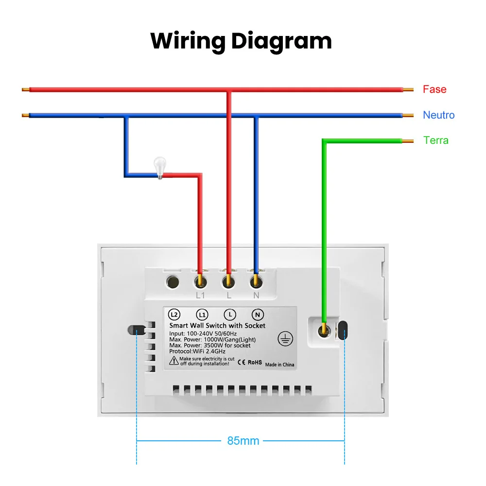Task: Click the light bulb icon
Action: click(x=160, y=168)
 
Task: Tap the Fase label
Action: click(x=434, y=89)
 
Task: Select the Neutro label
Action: click(x=438, y=115)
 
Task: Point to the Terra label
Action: click(x=436, y=140)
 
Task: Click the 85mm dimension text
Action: click(x=243, y=441)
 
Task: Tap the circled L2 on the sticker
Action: click(x=174, y=315)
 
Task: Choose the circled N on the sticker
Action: click(x=257, y=315)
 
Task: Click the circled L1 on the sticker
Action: click(x=202, y=315)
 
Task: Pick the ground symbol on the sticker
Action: click(x=285, y=338)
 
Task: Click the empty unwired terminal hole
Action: click(x=173, y=282)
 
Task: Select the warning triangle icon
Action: click(x=174, y=361)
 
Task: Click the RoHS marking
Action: click(x=255, y=363)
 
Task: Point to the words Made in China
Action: click(x=279, y=364)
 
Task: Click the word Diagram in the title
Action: click(x=281, y=42)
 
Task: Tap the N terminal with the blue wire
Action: click(x=256, y=282)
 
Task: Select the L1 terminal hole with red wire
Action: click(x=201, y=282)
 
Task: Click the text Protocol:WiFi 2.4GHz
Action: click(x=197, y=351)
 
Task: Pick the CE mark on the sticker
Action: click(x=242, y=363)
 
